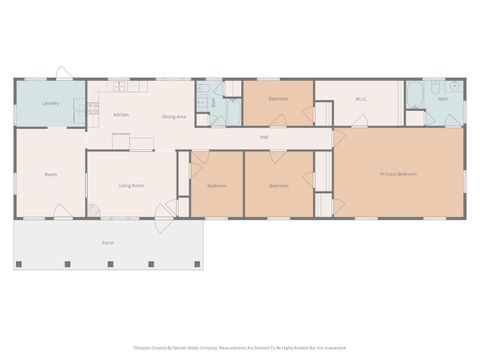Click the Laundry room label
(x=49, y=103)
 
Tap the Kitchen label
(x=121, y=116)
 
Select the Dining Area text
(x=174, y=116)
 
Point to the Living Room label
(x=132, y=185)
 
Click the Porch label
(x=108, y=243)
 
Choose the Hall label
(x=264, y=137)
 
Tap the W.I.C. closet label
(x=361, y=99)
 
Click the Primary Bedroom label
(x=398, y=174)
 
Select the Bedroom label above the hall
(x=278, y=99)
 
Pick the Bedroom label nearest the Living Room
(x=217, y=185)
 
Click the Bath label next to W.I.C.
(x=442, y=99)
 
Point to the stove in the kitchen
(x=93, y=108)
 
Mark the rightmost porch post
(x=197, y=264)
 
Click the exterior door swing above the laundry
(x=63, y=73)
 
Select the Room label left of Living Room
(x=50, y=175)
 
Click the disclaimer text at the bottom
(x=240, y=348)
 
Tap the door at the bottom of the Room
(x=62, y=211)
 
